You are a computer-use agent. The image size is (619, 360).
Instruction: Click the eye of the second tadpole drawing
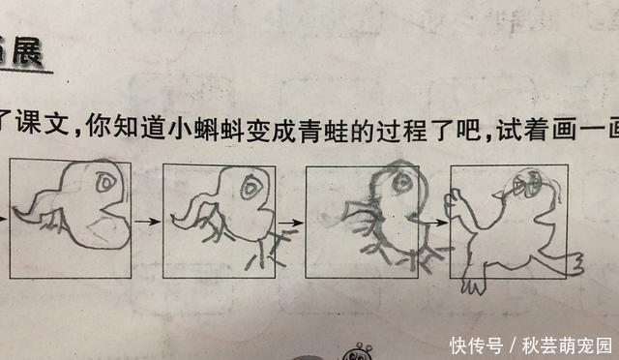point(252,185)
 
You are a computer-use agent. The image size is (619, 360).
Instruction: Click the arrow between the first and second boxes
point(146,222)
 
